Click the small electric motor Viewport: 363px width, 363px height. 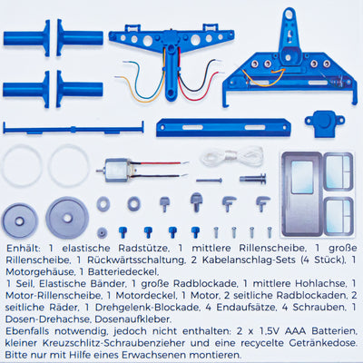[x=115, y=171]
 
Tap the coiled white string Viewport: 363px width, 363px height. [x=232, y=157]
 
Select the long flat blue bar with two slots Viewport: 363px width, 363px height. [x=223, y=128]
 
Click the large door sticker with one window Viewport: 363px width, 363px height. [x=302, y=193]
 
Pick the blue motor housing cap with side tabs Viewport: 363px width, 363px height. [x=324, y=123]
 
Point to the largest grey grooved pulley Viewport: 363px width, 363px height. [x=67, y=217]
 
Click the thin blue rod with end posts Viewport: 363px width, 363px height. [x=74, y=129]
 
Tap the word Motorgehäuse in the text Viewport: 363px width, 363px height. [x=40, y=271]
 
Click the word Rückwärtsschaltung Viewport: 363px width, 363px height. [x=135, y=260]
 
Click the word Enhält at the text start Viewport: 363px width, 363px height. [x=24, y=248]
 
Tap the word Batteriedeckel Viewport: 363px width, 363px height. [x=123, y=271]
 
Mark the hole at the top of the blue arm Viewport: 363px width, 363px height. [x=289, y=14]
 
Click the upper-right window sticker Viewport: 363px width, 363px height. [x=338, y=172]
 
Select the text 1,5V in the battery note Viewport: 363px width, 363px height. [x=270, y=331]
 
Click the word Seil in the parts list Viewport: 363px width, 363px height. [x=25, y=284]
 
